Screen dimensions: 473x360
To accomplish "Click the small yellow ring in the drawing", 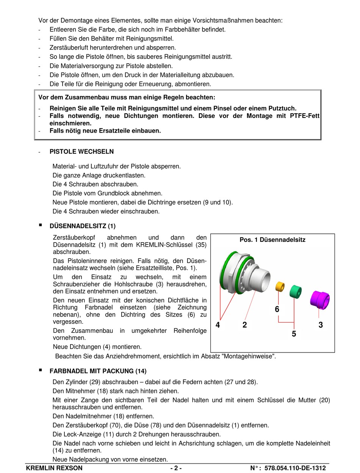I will click(x=280, y=287).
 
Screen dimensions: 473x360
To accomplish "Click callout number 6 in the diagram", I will click(x=277, y=309).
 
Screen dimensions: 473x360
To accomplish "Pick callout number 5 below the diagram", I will click(x=294, y=334).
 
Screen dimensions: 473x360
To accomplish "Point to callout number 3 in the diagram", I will click(x=321, y=325).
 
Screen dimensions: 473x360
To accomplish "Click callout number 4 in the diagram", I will click(x=218, y=325).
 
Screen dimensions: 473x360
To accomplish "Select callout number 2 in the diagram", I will click(x=245, y=325).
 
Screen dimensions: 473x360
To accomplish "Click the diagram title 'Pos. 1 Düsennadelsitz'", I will click(x=272, y=240).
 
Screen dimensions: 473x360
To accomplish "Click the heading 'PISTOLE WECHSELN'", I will click(x=81, y=152).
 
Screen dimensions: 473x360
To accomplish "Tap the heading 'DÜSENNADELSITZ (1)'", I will click(x=83, y=226).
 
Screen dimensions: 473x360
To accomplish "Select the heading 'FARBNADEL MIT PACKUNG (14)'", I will click(x=98, y=371).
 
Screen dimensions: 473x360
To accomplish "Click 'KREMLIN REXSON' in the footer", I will click(x=54, y=468).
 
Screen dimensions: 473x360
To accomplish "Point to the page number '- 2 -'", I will click(x=176, y=468).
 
